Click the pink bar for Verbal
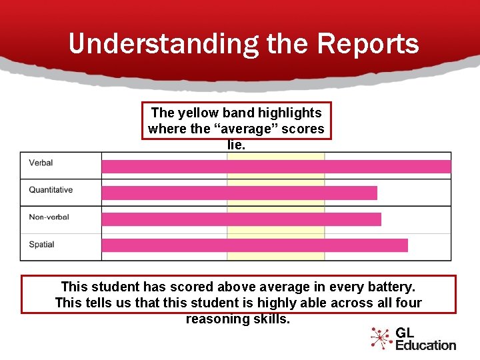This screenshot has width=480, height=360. (x=276, y=167)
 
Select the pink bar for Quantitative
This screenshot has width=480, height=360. (x=239, y=193)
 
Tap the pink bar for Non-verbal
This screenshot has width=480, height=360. (x=241, y=219)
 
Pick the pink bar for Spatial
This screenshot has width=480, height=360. (x=254, y=245)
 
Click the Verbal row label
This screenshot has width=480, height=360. (x=41, y=163)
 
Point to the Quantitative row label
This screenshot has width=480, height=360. (x=51, y=190)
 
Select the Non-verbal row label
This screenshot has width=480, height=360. (x=49, y=217)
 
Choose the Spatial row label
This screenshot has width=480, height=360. (x=41, y=245)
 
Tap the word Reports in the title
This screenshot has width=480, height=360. (x=368, y=44)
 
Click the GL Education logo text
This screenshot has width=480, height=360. (x=425, y=338)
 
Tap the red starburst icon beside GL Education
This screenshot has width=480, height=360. (x=381, y=338)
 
